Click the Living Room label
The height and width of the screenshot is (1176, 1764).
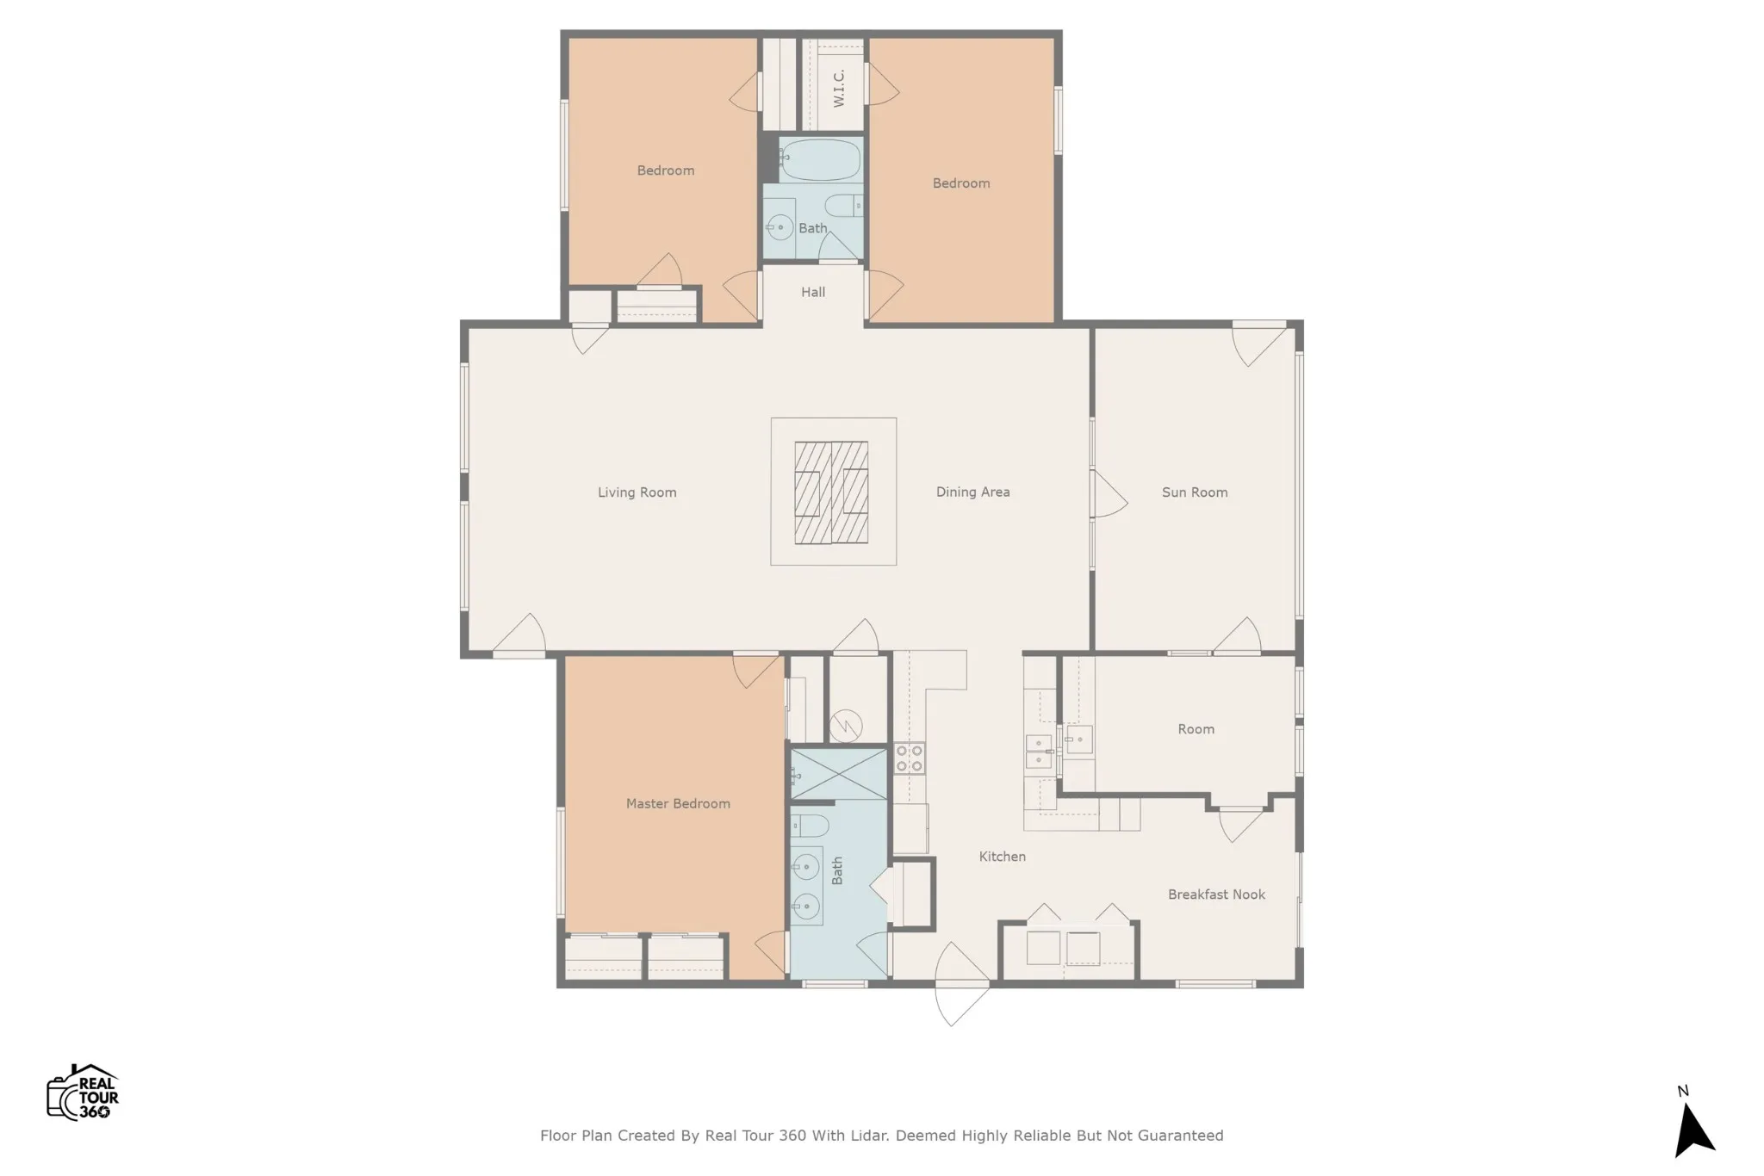point(637,492)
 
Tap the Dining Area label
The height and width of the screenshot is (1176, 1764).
point(972,492)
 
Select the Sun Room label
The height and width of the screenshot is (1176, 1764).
point(1195,492)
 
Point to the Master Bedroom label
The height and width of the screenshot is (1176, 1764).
point(678,803)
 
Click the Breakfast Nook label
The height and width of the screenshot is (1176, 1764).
point(1216,894)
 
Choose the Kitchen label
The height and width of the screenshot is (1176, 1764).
point(1002,857)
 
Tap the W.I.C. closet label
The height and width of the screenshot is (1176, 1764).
point(839,89)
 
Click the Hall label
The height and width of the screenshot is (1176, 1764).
point(813,292)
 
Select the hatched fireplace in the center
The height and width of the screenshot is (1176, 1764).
point(831,492)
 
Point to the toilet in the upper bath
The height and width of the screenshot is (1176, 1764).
point(842,206)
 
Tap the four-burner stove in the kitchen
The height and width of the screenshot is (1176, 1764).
point(909,758)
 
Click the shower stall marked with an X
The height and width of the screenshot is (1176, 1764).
point(839,774)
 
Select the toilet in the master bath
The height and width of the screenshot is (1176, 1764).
point(810,826)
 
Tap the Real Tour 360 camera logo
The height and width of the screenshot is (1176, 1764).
point(83,1092)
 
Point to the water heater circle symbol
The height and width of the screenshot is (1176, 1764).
point(846,727)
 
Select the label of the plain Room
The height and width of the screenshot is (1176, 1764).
point(1196,729)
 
